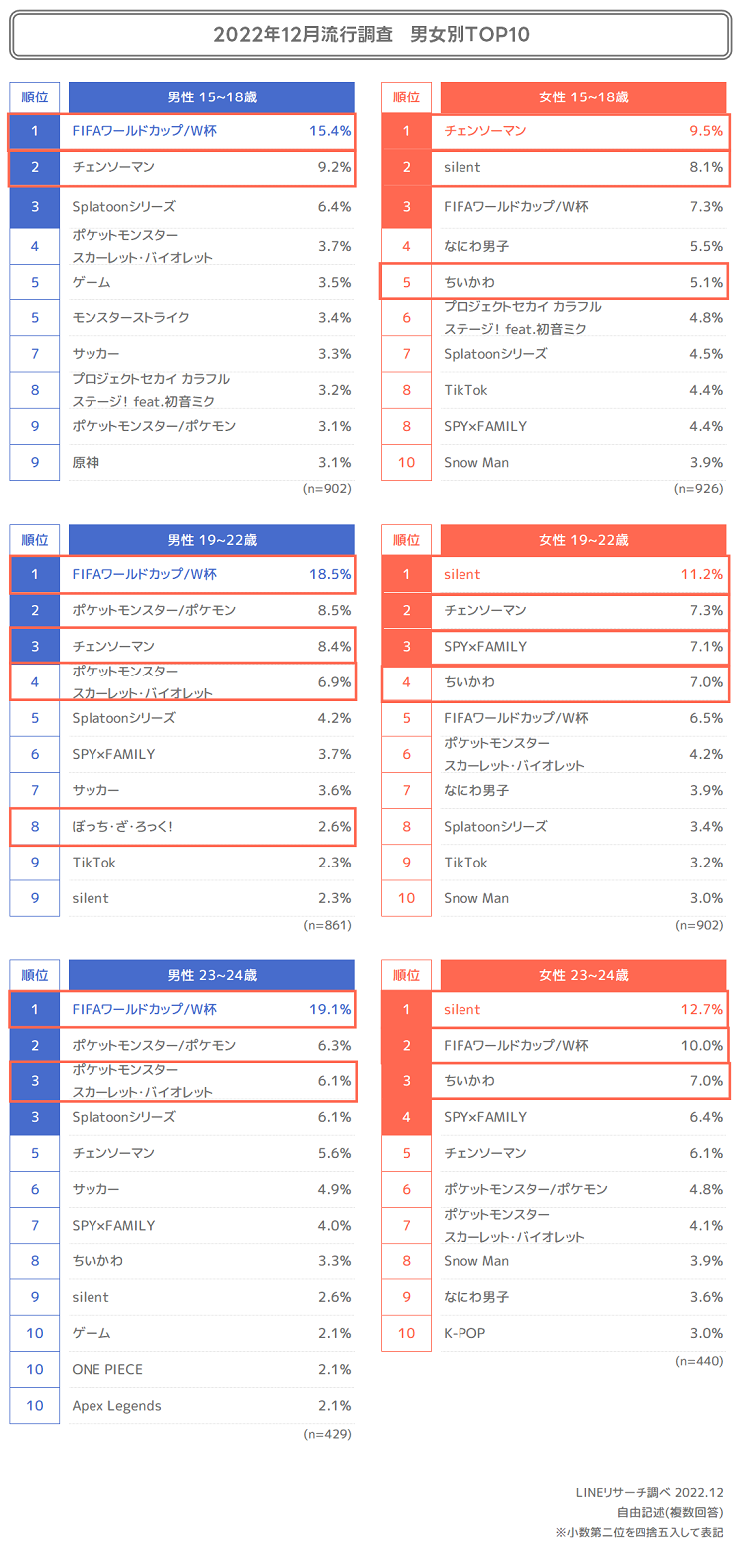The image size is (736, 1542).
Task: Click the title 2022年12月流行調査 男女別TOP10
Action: [x=370, y=35]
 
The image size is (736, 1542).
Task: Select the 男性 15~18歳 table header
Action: [x=212, y=97]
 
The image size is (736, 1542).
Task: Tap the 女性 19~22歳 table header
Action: [x=583, y=540]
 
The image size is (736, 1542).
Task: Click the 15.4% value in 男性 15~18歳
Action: [x=330, y=131]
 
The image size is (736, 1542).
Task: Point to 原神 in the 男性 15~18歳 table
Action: [x=87, y=462]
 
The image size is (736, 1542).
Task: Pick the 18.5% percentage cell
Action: [x=330, y=574]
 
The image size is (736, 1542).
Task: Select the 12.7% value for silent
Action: [x=701, y=1009]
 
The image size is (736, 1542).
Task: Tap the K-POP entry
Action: [x=464, y=1333]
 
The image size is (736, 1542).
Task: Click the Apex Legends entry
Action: [x=116, y=1405]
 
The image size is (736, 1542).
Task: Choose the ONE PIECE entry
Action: [x=107, y=1369]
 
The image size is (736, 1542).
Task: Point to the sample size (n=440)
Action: [x=698, y=1360]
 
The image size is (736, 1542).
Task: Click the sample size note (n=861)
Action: [x=327, y=925]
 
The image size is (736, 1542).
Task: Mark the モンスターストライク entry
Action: [x=131, y=317]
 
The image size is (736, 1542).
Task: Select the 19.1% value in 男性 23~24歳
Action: [x=330, y=1009]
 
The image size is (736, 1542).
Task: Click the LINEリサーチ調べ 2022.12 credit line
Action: [x=648, y=1493]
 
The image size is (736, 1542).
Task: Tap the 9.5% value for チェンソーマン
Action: [x=705, y=131]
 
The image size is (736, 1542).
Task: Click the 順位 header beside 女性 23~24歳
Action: [x=406, y=975]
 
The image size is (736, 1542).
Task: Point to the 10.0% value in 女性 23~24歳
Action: [x=701, y=1045]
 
